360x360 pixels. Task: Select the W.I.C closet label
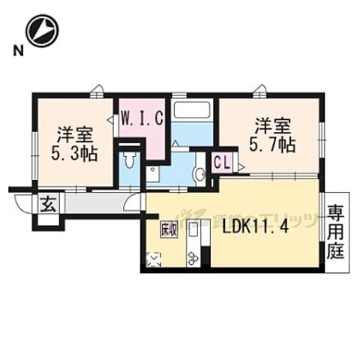141,117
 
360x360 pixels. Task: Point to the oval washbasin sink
199,174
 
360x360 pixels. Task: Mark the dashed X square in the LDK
154,259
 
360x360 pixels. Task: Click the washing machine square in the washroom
153,173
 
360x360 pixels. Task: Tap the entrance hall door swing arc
133,199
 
